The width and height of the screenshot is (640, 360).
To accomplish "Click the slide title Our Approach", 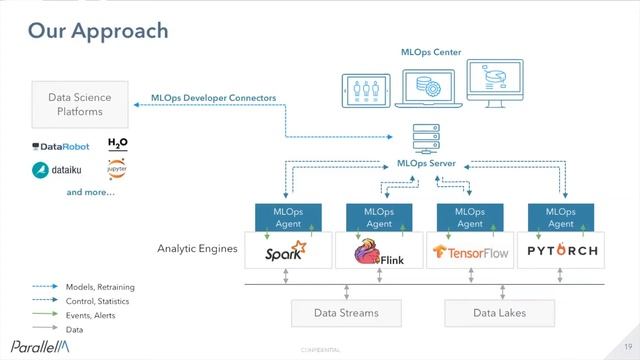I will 98,31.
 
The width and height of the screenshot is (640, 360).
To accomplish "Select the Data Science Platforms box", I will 80,105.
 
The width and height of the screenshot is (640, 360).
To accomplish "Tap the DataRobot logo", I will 61,146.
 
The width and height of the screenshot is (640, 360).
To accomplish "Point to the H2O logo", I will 118,145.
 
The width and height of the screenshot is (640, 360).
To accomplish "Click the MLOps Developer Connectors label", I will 214,98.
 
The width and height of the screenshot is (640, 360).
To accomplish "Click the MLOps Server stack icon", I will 427,136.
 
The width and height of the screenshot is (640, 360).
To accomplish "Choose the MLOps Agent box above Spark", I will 288,218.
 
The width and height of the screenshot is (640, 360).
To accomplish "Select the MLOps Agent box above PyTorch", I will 560,218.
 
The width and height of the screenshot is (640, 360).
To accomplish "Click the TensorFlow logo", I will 469,253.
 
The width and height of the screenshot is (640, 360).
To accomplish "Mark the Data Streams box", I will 346,313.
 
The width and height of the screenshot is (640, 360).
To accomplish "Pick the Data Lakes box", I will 499,313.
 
